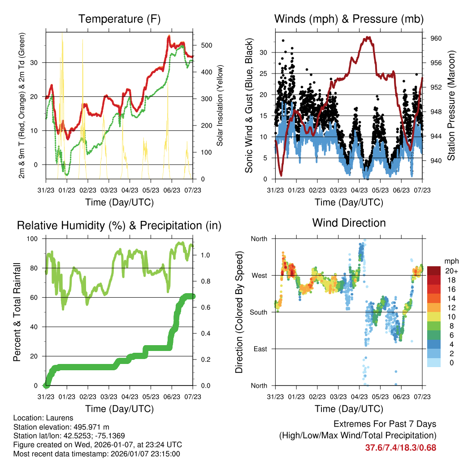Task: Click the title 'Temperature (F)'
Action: pyautogui.click(x=119, y=19)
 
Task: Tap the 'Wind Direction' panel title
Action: pyautogui.click(x=349, y=223)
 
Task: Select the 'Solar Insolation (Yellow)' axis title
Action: pyautogui.click(x=220, y=106)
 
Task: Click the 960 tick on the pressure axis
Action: pyautogui.click(x=437, y=39)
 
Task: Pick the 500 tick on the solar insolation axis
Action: pyautogui.click(x=207, y=45)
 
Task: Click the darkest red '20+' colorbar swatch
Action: pyautogui.click(x=434, y=271)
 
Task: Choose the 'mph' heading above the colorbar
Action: pyautogui.click(x=450, y=261)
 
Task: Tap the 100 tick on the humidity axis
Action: pyautogui.click(x=33, y=238)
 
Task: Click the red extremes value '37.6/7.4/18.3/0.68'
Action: pyautogui.click(x=401, y=448)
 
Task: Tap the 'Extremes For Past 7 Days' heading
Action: pyautogui.click(x=385, y=424)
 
